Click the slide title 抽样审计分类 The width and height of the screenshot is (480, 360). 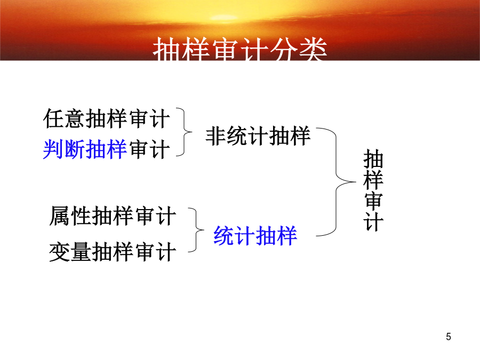240,49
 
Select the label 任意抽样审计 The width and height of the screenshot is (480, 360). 107,119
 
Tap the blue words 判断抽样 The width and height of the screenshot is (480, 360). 85,149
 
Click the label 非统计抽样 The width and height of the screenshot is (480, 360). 258,136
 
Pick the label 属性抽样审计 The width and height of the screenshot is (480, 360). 113,216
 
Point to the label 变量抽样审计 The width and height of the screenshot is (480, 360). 113,252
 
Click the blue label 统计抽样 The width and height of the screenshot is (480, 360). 255,236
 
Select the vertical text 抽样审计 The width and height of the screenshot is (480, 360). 373,190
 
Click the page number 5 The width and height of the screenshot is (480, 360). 449,337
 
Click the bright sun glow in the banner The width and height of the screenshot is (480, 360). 223,17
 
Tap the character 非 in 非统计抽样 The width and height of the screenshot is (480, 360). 215,136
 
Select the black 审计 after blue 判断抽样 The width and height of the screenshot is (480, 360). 149,149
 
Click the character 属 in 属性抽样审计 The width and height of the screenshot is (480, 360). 59,216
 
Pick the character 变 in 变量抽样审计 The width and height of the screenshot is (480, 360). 59,252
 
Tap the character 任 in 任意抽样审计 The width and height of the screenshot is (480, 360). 53,119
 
